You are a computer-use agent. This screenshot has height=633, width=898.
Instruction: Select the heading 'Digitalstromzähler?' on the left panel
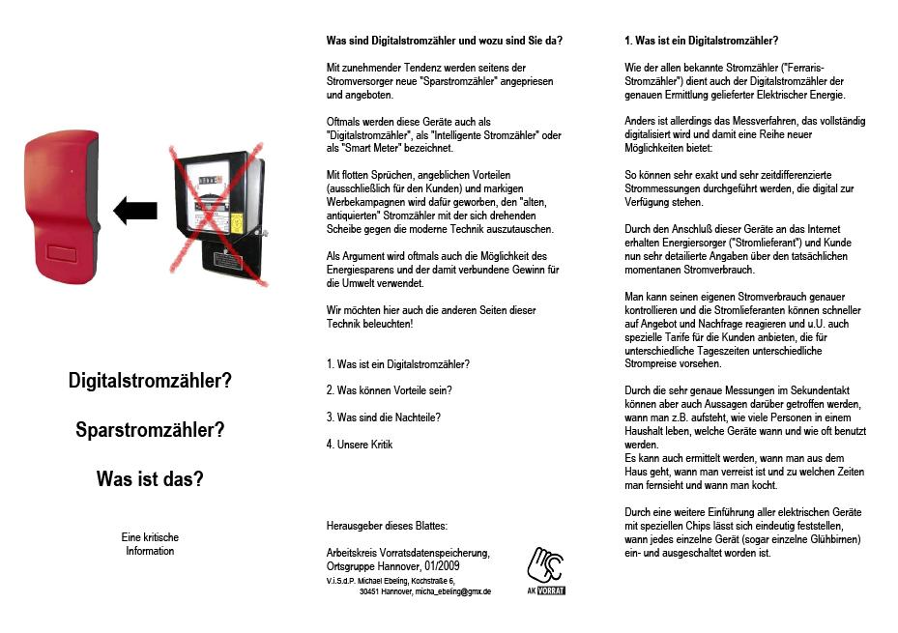pyautogui.click(x=150, y=381)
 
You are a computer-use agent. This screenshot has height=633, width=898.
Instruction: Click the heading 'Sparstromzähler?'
pyautogui.click(x=150, y=430)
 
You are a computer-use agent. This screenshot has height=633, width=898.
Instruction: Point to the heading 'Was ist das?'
pyautogui.click(x=150, y=478)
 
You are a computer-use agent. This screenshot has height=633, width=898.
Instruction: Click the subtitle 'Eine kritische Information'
pyautogui.click(x=150, y=544)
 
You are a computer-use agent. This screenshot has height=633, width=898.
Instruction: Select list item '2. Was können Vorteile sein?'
pyautogui.click(x=390, y=390)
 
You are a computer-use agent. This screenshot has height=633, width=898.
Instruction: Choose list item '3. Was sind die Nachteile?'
pyautogui.click(x=384, y=417)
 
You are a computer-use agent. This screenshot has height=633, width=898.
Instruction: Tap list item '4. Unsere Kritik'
pyautogui.click(x=360, y=445)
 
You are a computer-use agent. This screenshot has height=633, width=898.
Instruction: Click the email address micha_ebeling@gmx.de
pyautogui.click(x=453, y=591)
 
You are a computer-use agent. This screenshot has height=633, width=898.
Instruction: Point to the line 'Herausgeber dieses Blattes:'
pyautogui.click(x=388, y=525)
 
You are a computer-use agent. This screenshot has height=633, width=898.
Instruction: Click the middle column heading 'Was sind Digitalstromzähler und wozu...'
pyautogui.click(x=445, y=41)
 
